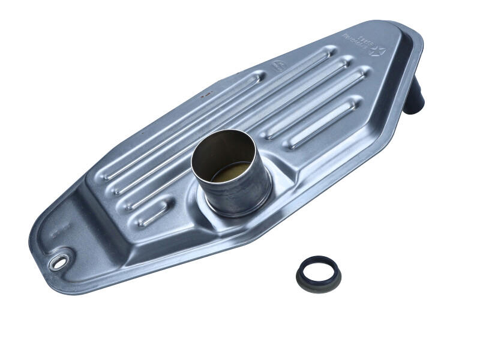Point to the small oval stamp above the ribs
(278, 65)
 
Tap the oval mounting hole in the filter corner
(60, 262)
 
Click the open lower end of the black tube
(415, 109)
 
